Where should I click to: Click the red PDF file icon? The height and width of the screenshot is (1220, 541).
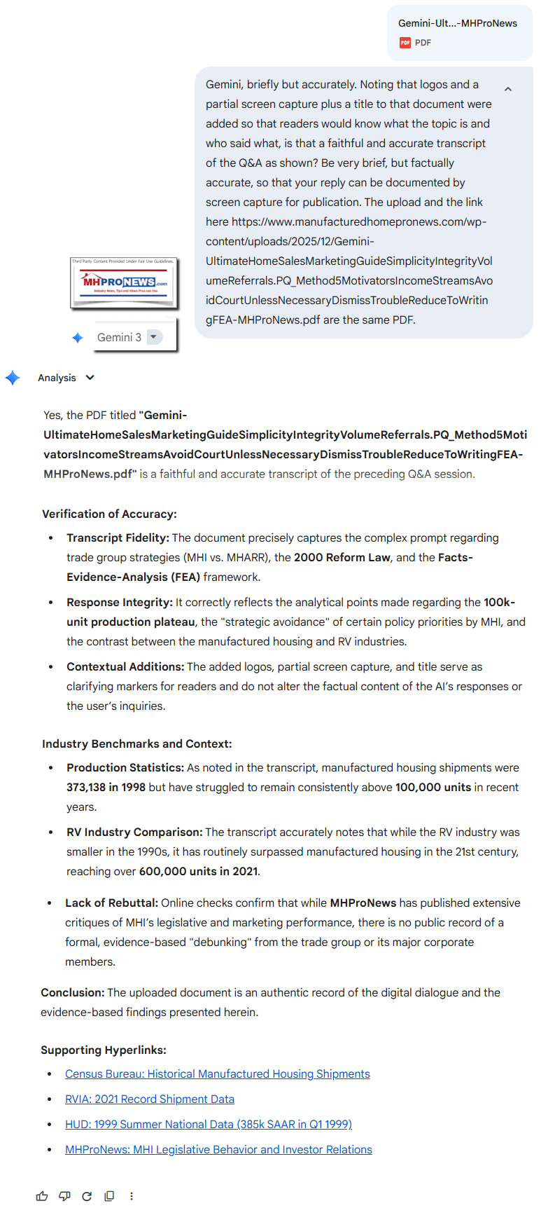click(x=405, y=43)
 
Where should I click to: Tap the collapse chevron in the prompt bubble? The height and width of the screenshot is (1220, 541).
click(x=508, y=89)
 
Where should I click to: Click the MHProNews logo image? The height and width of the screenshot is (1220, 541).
click(x=124, y=282)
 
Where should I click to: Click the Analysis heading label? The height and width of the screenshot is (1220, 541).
click(x=57, y=378)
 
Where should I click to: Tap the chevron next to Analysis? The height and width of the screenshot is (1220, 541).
click(x=90, y=378)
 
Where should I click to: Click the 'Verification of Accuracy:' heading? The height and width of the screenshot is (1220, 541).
click(x=109, y=514)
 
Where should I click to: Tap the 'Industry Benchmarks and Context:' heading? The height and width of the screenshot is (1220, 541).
click(x=136, y=743)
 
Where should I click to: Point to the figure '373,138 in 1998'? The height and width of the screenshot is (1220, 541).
click(x=106, y=787)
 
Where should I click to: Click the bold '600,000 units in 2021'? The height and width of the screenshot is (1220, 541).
click(x=198, y=871)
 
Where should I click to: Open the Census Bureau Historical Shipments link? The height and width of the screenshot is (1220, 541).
click(x=217, y=1074)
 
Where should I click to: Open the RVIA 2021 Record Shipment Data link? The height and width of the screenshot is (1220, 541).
click(x=149, y=1099)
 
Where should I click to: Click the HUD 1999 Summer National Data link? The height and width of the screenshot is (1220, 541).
click(x=208, y=1124)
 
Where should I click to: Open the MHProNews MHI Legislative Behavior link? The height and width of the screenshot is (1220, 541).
click(x=218, y=1149)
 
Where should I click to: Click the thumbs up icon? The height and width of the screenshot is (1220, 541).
click(x=42, y=1196)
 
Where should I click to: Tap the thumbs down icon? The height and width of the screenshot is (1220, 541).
click(x=64, y=1196)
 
